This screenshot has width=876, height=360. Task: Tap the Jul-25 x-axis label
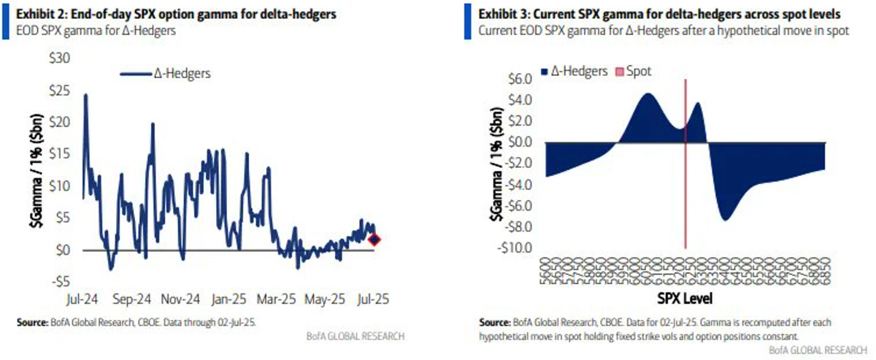tap(373, 299)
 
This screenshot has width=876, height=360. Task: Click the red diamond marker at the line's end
tap(374, 240)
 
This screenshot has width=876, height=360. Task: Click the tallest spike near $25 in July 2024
tap(86, 95)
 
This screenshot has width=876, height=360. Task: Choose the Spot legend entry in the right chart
tap(635, 72)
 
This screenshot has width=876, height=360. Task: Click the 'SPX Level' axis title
tap(684, 299)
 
